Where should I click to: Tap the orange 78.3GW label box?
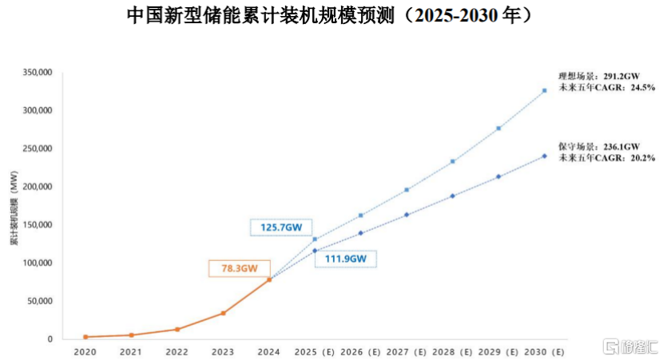(240, 268)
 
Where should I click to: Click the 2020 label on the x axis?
(85, 350)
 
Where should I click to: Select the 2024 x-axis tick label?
(268, 350)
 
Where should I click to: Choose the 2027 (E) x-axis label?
(407, 350)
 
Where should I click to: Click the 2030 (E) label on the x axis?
(545, 350)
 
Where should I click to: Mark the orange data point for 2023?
(223, 313)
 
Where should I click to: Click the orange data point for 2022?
(177, 329)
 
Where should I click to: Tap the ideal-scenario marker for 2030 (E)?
(545, 91)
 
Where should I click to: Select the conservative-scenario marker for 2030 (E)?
(545, 156)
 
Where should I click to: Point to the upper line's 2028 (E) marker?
(453, 161)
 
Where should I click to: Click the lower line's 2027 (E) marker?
(407, 215)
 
